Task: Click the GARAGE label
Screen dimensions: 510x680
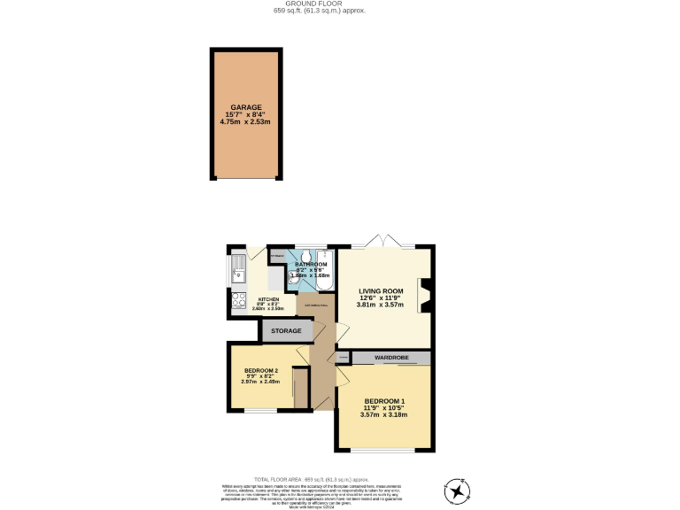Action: tap(247, 106)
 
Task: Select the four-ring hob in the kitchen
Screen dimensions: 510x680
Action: tap(238, 300)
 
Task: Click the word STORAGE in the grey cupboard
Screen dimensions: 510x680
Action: tap(286, 331)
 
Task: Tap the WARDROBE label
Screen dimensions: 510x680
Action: tap(390, 358)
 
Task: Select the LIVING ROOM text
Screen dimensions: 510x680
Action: tap(381, 290)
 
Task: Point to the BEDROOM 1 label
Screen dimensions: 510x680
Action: tap(383, 400)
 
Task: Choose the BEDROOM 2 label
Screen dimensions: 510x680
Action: tap(261, 371)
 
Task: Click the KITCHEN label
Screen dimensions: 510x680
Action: tap(268, 299)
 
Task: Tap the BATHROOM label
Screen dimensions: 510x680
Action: tap(311, 265)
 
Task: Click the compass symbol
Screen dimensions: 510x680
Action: tap(457, 490)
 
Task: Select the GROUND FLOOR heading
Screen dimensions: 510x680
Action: tap(340, 4)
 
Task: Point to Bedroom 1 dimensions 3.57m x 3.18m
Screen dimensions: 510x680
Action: tap(383, 414)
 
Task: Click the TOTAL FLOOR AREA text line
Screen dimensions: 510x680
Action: tap(340, 477)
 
